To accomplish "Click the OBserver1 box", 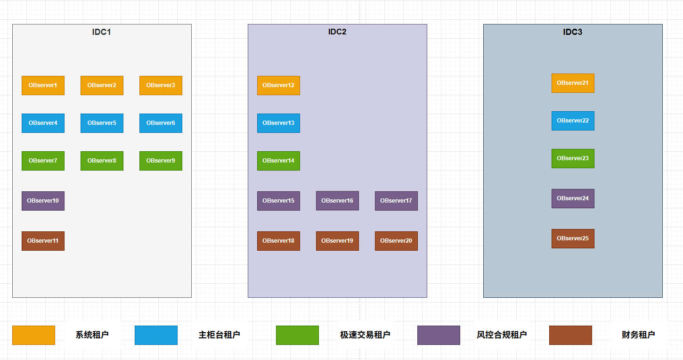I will [x=43, y=85].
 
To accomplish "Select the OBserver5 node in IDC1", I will [x=102, y=123].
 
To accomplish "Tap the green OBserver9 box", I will [x=161, y=161].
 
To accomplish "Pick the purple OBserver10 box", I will [x=43, y=201].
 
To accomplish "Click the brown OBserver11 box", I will [x=43, y=241].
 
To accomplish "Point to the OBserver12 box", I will [x=278, y=85].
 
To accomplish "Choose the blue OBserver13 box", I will [x=278, y=123].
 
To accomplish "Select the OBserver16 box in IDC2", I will [x=337, y=201].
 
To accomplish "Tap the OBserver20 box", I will [x=396, y=241].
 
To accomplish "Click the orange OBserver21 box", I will [x=573, y=83].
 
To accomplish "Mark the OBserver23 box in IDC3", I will [x=573, y=158].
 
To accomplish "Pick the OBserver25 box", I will [x=573, y=238].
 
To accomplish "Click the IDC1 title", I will [x=101, y=32].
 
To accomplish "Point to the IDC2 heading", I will [x=337, y=32].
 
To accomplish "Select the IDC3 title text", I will [x=573, y=32].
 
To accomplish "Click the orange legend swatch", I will [x=33, y=335].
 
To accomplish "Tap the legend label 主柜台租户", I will [x=220, y=335].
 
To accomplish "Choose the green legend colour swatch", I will [x=297, y=335].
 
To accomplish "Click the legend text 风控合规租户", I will [x=502, y=335].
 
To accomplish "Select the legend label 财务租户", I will [x=638, y=335].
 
